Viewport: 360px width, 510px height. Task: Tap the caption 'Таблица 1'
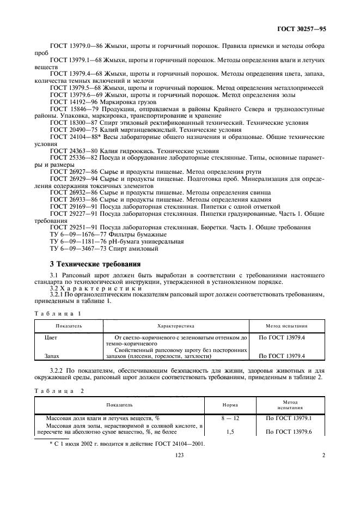57,314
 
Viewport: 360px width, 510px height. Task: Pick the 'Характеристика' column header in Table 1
175,325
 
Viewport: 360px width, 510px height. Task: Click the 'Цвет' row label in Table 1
50,338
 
